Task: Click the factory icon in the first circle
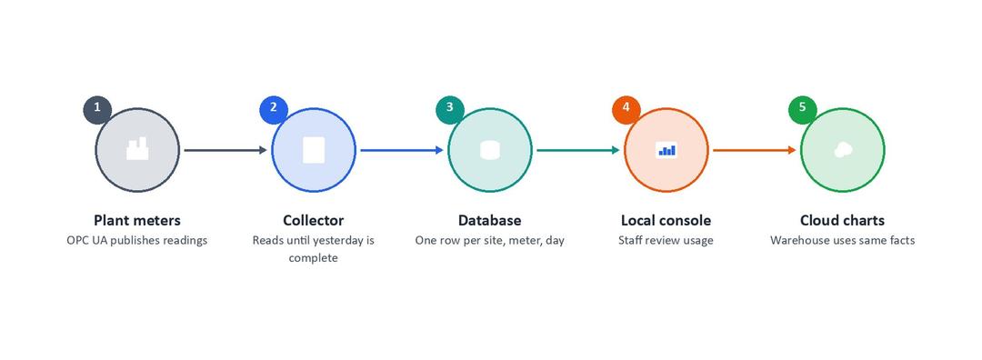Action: [137, 149]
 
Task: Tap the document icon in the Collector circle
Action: [313, 150]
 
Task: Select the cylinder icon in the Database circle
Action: [490, 150]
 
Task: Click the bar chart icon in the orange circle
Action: [666, 150]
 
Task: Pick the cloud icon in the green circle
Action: [842, 150]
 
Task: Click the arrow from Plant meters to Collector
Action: [225, 150]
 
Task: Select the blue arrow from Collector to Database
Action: [402, 150]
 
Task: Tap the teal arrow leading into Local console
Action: [578, 150]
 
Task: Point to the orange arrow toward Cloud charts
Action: [755, 150]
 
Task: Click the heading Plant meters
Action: [137, 220]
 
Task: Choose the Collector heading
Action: [313, 220]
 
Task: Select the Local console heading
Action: [666, 220]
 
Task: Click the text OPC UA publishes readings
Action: [137, 240]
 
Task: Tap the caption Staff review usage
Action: [666, 240]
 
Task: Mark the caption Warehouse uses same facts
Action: [842, 240]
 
